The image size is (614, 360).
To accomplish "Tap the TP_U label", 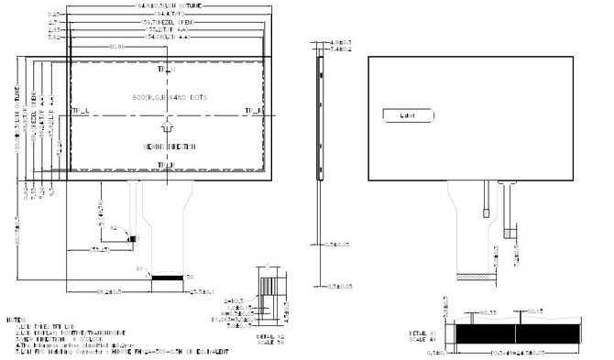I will pyautogui.click(x=166, y=70).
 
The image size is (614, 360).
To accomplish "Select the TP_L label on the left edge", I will pyautogui.click(x=80, y=112).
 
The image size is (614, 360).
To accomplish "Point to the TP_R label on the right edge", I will pyautogui.click(x=253, y=112).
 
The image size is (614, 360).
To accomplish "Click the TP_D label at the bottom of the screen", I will pyautogui.click(x=166, y=165).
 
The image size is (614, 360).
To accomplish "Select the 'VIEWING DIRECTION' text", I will pyautogui.click(x=166, y=146).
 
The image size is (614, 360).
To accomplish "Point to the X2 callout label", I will pyautogui.click(x=114, y=226).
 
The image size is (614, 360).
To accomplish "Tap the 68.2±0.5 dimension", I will pyautogui.click(x=112, y=290).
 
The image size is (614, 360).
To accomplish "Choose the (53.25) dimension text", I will pyautogui.click(x=101, y=248).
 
